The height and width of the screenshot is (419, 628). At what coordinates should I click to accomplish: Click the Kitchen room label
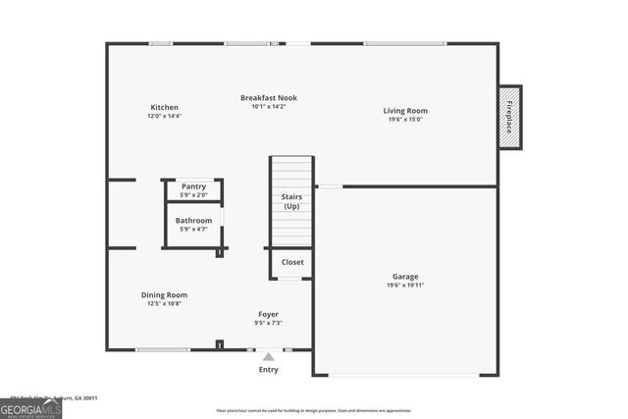[x=164, y=107]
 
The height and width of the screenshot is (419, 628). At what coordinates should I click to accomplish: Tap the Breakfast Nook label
[x=269, y=98]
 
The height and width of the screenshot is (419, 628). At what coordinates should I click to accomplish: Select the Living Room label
[x=405, y=111]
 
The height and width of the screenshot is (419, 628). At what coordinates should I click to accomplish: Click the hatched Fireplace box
[x=509, y=118]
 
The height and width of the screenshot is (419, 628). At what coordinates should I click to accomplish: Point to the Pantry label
[x=193, y=186]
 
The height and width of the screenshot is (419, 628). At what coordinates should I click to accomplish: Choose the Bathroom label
[x=193, y=221]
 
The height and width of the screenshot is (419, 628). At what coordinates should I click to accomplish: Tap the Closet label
[x=292, y=262]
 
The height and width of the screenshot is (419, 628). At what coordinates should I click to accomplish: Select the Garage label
[x=405, y=277]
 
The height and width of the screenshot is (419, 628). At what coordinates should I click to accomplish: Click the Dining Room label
[x=164, y=294]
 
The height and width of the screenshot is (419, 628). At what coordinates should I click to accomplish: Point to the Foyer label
[x=269, y=313]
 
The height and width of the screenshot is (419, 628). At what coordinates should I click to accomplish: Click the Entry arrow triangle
[x=268, y=356]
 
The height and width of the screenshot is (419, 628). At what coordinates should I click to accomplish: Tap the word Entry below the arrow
[x=268, y=370]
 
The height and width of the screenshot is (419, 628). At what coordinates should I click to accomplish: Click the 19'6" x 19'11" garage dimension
[x=405, y=286]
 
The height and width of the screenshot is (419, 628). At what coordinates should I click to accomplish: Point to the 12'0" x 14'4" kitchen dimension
[x=164, y=116]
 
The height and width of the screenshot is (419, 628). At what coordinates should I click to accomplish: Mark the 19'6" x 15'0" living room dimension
[x=405, y=120]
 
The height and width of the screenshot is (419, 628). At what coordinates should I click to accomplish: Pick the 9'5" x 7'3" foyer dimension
[x=269, y=322]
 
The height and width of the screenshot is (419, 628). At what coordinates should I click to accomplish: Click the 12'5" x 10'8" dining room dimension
[x=164, y=303]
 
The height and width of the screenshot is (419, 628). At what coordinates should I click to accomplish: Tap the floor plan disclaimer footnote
[x=314, y=410]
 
